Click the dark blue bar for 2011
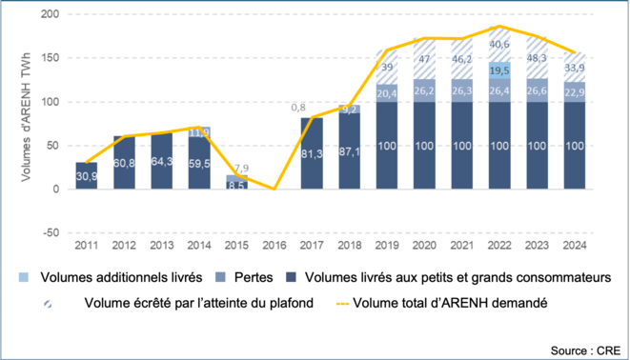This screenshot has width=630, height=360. (87, 177)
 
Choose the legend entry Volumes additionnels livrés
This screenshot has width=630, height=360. (104, 276)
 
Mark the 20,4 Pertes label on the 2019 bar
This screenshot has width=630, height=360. (386, 93)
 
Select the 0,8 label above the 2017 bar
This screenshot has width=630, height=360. (299, 108)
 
